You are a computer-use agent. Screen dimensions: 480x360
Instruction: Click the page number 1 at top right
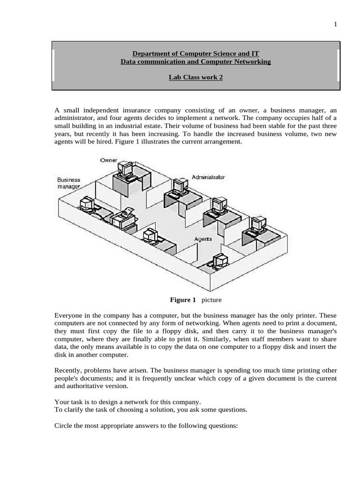click(x=335, y=25)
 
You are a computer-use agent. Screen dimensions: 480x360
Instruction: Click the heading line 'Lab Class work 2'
click(x=195, y=77)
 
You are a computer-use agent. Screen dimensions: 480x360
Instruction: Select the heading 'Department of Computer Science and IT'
click(x=195, y=54)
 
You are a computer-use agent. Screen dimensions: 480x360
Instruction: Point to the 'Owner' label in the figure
click(x=108, y=160)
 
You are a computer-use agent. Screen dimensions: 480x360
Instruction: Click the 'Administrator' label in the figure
click(x=208, y=177)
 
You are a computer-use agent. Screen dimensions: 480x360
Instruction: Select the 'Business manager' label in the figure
click(x=69, y=183)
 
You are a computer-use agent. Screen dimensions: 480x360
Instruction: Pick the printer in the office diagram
click(x=124, y=217)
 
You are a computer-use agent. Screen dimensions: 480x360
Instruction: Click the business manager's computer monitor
click(x=87, y=202)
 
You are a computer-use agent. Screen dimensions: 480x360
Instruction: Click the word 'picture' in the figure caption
click(x=211, y=300)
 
